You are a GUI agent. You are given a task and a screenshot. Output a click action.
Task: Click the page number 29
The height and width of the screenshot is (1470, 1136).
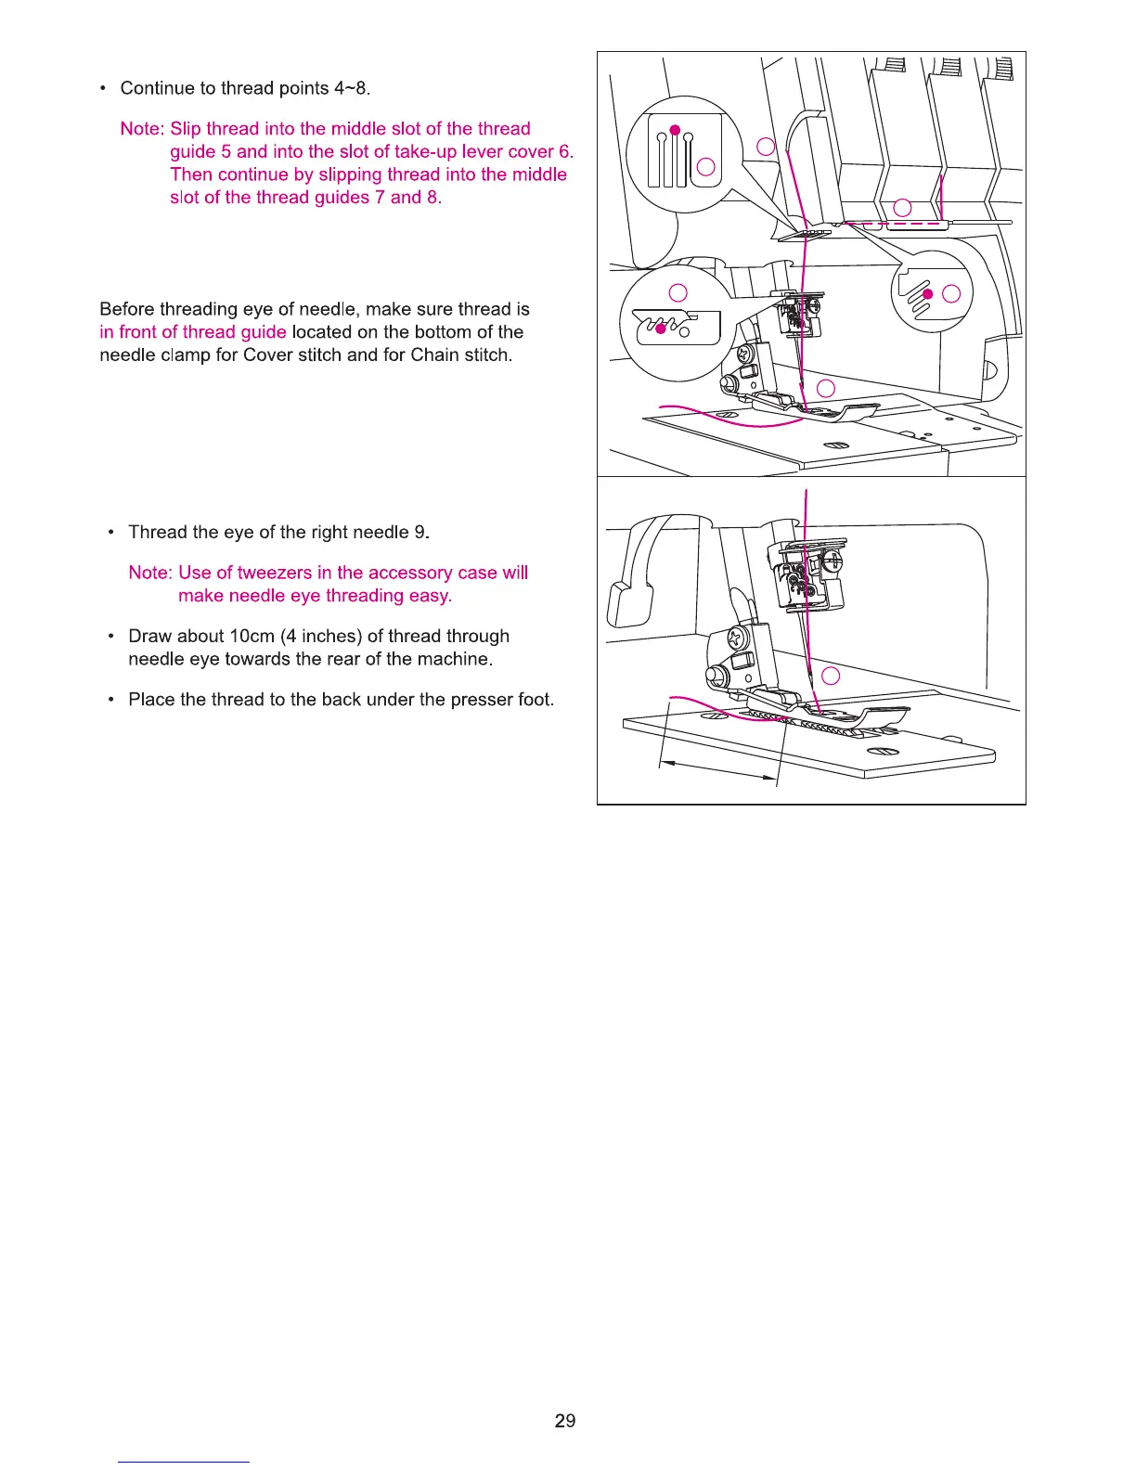[x=564, y=1420]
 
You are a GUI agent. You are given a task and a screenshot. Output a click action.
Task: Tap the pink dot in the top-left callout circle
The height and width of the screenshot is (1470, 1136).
[x=676, y=129]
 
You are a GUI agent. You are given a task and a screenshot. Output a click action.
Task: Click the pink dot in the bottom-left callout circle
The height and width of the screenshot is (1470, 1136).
[x=661, y=329]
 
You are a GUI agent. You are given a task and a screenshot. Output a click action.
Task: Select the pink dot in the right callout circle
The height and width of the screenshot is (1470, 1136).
[x=926, y=293]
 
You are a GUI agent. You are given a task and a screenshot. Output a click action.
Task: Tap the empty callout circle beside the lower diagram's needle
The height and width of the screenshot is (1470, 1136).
[x=832, y=676]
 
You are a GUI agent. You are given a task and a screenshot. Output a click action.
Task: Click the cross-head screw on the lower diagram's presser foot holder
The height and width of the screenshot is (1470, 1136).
[x=736, y=639]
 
